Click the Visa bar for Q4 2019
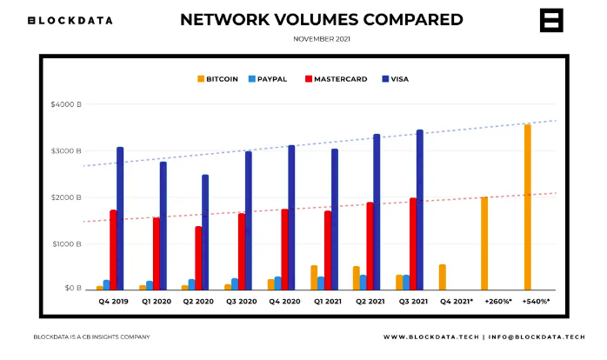pos(120,217)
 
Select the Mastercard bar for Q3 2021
pos(413,243)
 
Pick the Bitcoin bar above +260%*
pos(484,243)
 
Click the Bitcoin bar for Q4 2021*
pos(442,277)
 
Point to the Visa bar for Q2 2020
pos(205,231)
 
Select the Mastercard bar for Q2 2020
pos(198,257)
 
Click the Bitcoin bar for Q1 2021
pos(314,277)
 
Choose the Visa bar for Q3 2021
pos(420,210)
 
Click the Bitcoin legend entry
pos(217,79)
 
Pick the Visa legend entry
pos(395,79)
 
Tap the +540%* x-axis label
pos(536,301)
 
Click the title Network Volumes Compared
pos(322,19)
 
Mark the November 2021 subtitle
pos(322,39)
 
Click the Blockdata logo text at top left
pos(70,20)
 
